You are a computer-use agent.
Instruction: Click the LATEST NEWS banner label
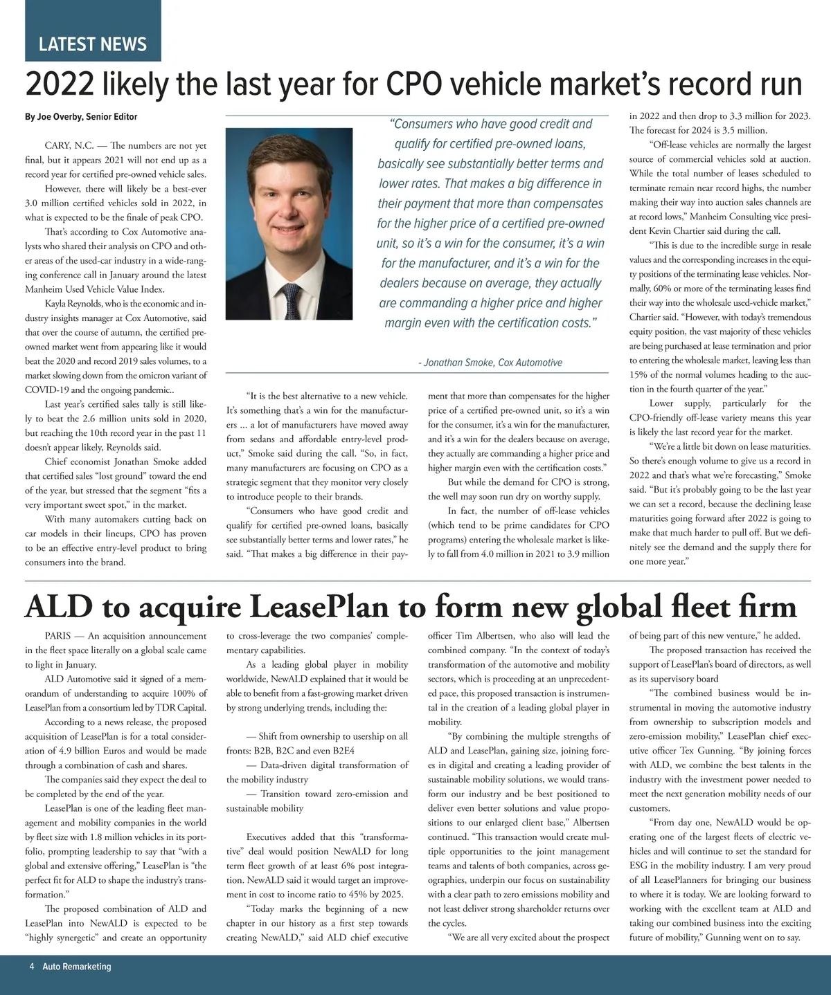[x=92, y=44]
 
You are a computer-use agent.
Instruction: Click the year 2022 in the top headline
[x=59, y=85]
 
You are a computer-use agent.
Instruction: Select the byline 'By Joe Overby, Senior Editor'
[x=81, y=117]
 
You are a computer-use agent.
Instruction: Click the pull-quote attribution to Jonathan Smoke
[x=490, y=363]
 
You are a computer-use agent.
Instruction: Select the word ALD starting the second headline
[x=58, y=607]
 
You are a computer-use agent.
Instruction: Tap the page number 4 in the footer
[x=32, y=967]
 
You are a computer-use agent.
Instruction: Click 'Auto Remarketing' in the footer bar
[x=76, y=967]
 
